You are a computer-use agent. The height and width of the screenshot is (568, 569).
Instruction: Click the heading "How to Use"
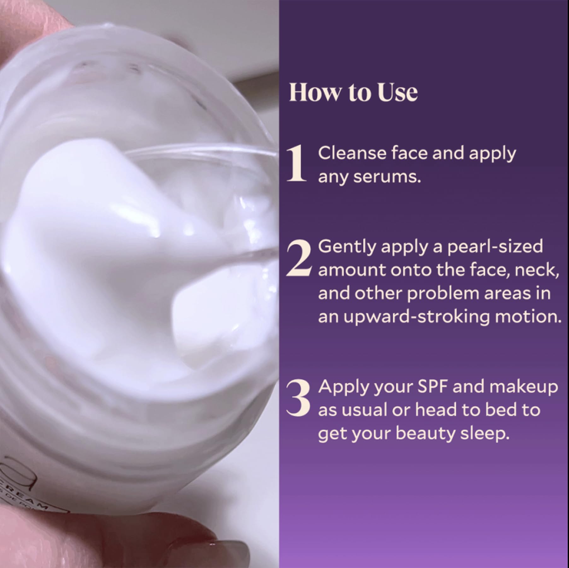point(353,92)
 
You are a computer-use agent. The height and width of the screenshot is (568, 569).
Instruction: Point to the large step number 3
point(298,398)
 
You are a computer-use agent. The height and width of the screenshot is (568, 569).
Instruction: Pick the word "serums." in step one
point(387,177)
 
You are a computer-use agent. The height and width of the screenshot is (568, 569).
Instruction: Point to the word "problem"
point(443,293)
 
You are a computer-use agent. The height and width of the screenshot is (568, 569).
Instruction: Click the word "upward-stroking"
point(417,317)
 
